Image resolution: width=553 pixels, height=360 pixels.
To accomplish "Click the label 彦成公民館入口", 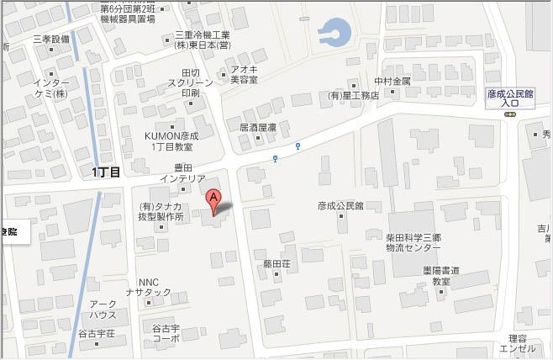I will coord(510,98).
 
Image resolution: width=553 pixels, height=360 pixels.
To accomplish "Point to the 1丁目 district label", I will coord(107,172).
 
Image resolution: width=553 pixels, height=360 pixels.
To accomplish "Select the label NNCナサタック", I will coord(154,287).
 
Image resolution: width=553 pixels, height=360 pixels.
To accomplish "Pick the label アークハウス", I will coord(103,309).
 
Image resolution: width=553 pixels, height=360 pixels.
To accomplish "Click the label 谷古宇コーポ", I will coord(166,332).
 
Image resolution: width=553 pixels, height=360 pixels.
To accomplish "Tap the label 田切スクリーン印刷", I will coord(190,82).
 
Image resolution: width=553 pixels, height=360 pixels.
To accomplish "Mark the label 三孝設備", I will coord(51,39).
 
